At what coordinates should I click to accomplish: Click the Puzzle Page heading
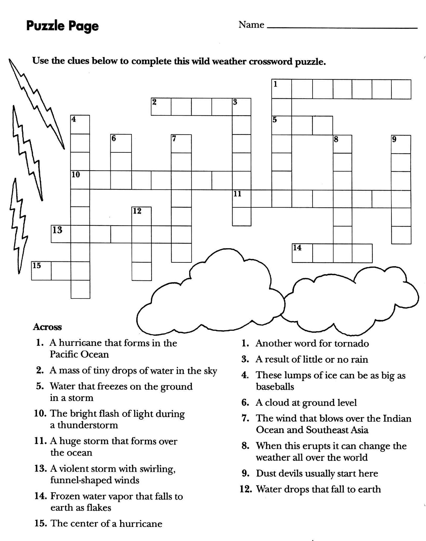62,26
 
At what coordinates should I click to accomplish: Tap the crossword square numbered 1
282,89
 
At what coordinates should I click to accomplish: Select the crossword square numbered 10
80,180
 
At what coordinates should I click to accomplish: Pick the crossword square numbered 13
61,234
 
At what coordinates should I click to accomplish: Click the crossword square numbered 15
41,271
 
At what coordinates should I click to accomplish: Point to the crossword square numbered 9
401,145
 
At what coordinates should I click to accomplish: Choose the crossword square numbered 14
302,253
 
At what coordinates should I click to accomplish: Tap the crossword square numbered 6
121,143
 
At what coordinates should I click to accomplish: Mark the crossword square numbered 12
141,216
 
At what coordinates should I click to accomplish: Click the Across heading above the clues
47,327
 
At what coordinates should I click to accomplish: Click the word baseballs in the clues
275,387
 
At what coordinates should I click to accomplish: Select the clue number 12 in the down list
245,489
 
